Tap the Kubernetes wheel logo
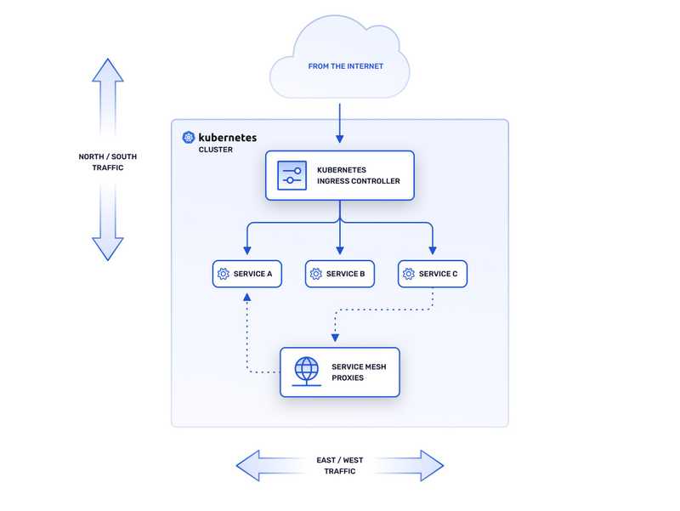coord(188,137)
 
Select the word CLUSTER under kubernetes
coord(215,150)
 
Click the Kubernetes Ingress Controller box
coord(340,175)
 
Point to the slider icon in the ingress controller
coord(292,175)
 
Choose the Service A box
coord(246,274)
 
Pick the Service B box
coord(340,274)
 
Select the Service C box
coord(433,274)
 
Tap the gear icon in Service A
coord(224,274)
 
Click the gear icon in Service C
coord(409,274)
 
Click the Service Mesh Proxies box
coord(340,372)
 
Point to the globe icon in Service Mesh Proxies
coord(306,372)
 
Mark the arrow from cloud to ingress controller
coord(340,123)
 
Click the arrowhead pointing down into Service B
coord(340,251)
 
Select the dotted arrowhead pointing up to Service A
coord(246,298)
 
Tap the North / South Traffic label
coord(108,162)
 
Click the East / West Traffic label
coord(340,465)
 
